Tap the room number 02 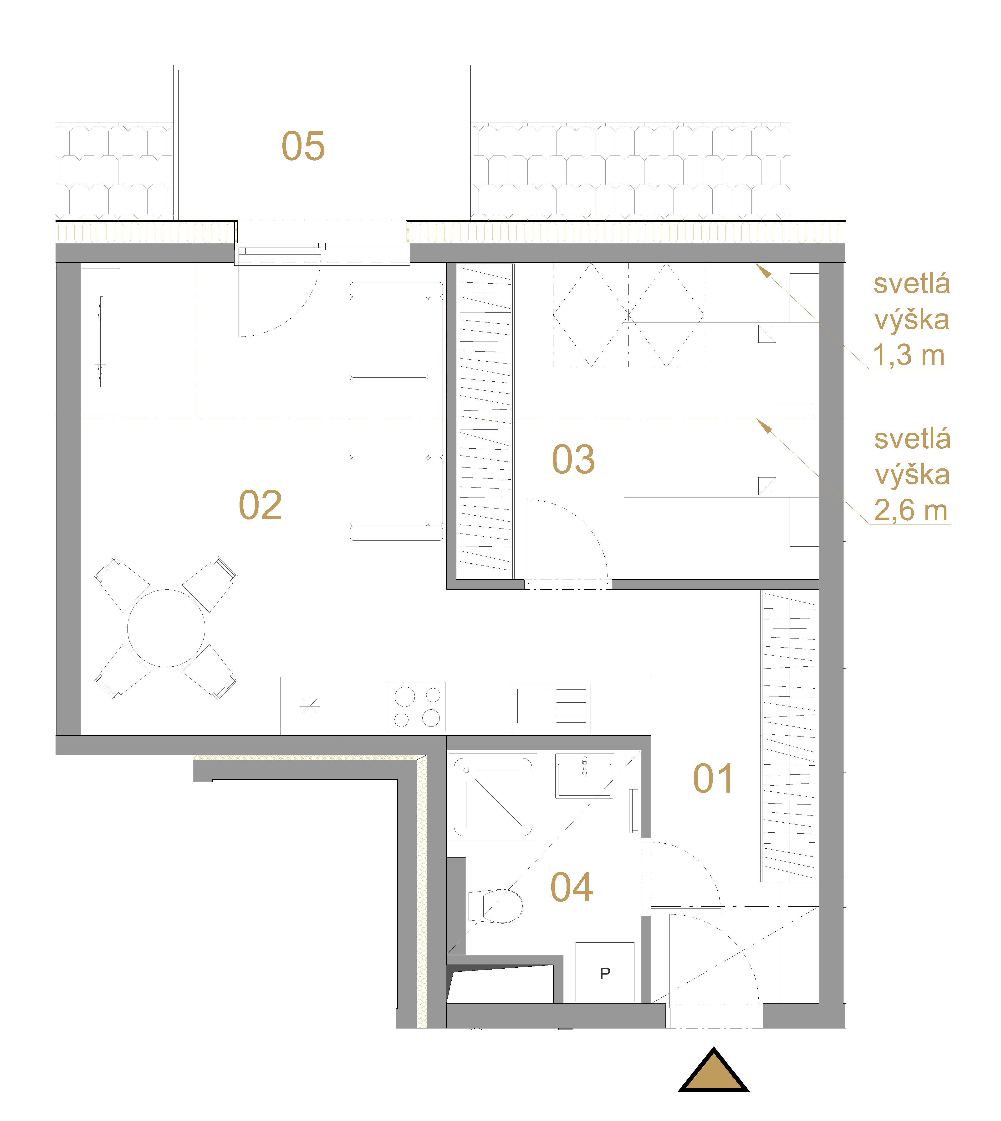[260, 505]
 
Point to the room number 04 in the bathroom [572, 888]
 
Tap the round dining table [166, 628]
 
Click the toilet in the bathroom [495, 906]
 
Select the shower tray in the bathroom [493, 797]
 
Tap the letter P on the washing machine [605, 974]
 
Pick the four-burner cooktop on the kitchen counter [417, 707]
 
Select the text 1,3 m [909, 356]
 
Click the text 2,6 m [911, 511]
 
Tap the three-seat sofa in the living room [397, 411]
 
